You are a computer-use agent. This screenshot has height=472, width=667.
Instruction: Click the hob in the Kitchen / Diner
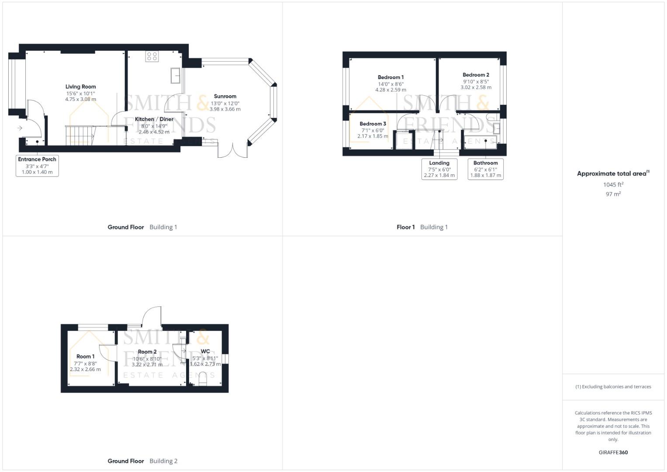[152, 56]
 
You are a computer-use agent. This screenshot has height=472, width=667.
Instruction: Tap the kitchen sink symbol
[176, 75]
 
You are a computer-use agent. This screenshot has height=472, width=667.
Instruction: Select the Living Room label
[81, 87]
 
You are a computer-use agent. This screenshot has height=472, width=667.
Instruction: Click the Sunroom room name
[225, 96]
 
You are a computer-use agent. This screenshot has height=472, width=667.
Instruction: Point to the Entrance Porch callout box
[37, 166]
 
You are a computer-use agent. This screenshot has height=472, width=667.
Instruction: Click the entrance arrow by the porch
[20, 128]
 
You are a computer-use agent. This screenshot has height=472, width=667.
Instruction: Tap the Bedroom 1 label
[391, 77]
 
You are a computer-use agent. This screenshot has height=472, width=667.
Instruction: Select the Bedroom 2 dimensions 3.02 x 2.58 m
[476, 87]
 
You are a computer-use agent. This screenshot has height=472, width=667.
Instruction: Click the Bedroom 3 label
[373, 124]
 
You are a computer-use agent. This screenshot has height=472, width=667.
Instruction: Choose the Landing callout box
[439, 169]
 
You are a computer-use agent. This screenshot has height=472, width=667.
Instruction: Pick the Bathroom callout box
[485, 169]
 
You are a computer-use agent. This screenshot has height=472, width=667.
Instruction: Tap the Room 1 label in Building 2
[86, 356]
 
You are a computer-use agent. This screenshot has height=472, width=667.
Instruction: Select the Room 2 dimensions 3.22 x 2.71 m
[147, 365]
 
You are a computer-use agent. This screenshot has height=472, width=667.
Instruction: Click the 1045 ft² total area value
[613, 184]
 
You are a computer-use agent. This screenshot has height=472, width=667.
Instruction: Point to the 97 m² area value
[613, 194]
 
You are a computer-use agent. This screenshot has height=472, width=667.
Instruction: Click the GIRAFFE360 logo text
[613, 452]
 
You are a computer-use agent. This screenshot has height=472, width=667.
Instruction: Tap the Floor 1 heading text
[405, 227]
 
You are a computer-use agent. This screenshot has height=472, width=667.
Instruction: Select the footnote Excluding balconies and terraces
[616, 386]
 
